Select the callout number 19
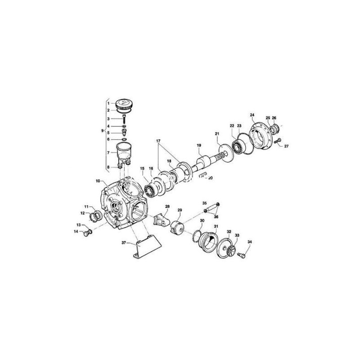tap(198, 145)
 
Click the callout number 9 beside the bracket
tap(103, 131)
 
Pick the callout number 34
tap(250, 243)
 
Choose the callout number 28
tap(167, 207)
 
